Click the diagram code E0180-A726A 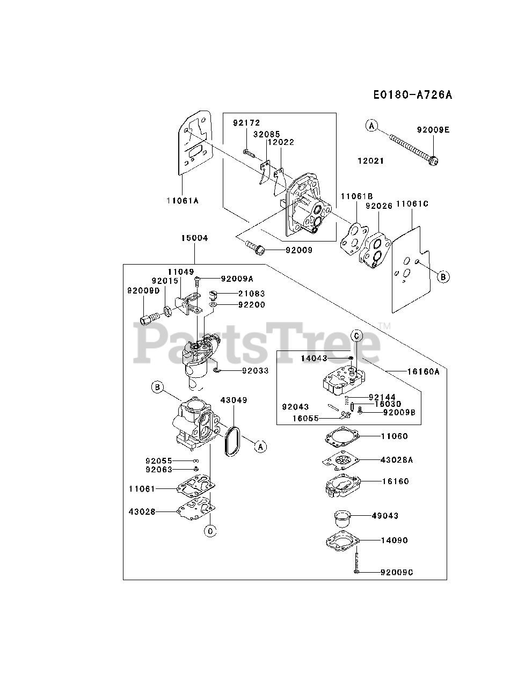pos(413,95)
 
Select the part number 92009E pos(433,129)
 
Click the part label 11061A pos(183,200)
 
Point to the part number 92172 pos(246,123)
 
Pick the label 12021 pos(371,160)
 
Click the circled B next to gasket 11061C pos(443,277)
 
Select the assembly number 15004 pos(194,238)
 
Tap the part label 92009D pos(143,290)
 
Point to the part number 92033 pos(255,370)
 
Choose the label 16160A pos(423,371)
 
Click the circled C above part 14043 pos(357,335)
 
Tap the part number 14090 pos(395,540)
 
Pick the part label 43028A pos(397,460)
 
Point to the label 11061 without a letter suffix pos(142,488)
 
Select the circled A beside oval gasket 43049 pos(260,446)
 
